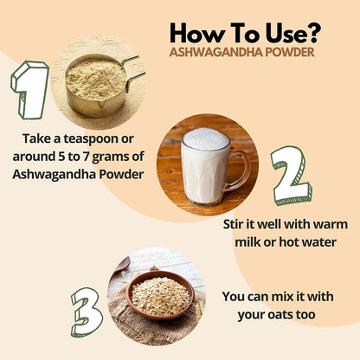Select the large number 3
tap(86, 311)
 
